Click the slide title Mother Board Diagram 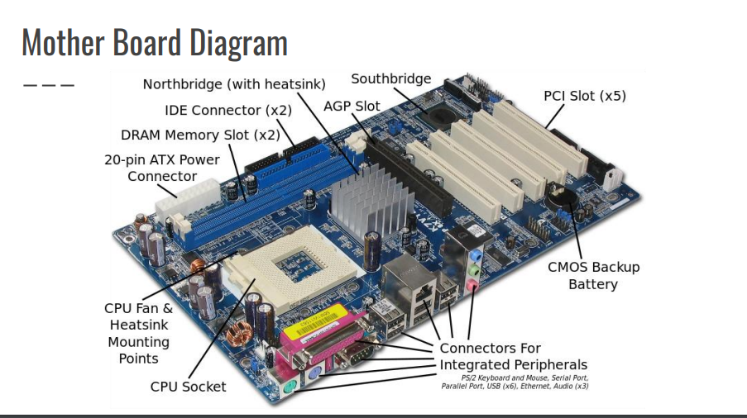pyautogui.click(x=155, y=43)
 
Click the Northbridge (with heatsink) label pyautogui.click(x=234, y=84)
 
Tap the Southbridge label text pyautogui.click(x=390, y=79)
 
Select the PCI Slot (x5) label pyautogui.click(x=584, y=96)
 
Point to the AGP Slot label pyautogui.click(x=352, y=107)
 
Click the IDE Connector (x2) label pyautogui.click(x=227, y=110)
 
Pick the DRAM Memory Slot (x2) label pyautogui.click(x=200, y=135)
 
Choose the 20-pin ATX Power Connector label pyautogui.click(x=162, y=168)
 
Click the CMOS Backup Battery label pyautogui.click(x=593, y=276)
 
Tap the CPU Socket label pyautogui.click(x=188, y=386)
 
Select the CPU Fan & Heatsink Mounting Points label pyautogui.click(x=138, y=333)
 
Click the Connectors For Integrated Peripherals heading pyautogui.click(x=513, y=356)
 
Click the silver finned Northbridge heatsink pyautogui.click(x=361, y=201)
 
